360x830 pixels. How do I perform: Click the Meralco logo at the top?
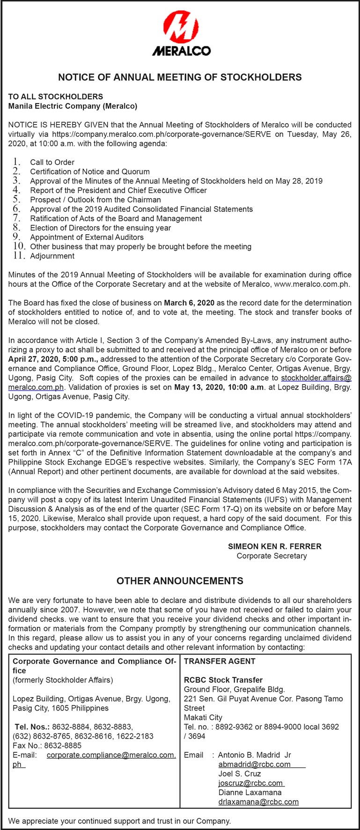point(181,33)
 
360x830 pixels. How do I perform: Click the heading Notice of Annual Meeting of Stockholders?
point(180,77)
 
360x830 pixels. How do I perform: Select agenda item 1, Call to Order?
point(52,162)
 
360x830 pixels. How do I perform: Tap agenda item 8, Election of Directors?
point(100,228)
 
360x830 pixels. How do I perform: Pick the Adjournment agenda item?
point(52,256)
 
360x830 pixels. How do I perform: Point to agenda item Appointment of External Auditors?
point(87,237)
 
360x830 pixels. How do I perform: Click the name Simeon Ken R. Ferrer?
point(274,546)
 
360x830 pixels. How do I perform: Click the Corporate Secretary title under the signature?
point(272,556)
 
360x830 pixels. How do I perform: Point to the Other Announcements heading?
point(180,581)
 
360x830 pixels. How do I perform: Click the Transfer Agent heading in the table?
point(220,661)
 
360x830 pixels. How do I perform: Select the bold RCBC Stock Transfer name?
point(223,680)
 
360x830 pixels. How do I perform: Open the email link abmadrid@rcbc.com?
point(254,764)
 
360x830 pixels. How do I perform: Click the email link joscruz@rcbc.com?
point(250,783)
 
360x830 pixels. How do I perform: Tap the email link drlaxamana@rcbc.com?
point(258,801)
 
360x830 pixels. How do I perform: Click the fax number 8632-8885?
point(66,745)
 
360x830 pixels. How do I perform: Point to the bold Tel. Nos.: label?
point(32,726)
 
